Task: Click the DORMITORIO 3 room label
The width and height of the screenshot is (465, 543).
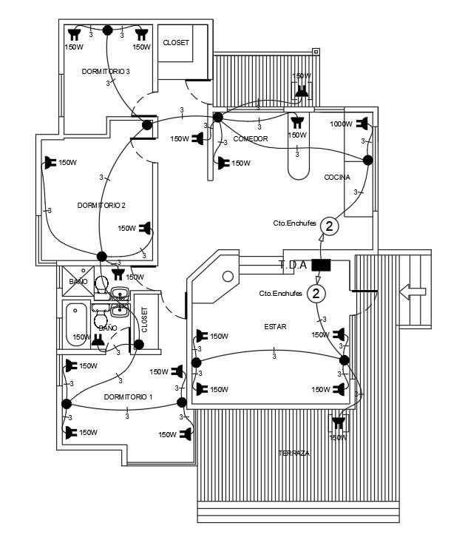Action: tap(106, 71)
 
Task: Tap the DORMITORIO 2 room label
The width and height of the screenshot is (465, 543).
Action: tap(101, 205)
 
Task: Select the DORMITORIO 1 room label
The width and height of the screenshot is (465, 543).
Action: tap(128, 397)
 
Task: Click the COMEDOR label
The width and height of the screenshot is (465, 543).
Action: tap(250, 139)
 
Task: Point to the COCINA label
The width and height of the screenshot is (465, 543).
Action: tap(337, 178)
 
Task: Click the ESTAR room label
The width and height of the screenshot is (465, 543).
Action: tap(274, 326)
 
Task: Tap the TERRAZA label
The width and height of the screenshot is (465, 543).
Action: tap(293, 453)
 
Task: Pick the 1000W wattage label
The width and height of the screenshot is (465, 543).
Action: tap(341, 124)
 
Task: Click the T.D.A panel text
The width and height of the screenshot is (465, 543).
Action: tap(293, 264)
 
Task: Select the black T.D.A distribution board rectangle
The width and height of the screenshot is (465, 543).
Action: tap(320, 264)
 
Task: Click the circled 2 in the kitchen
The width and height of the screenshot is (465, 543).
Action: tap(330, 226)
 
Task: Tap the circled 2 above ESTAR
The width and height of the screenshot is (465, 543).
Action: tap(316, 294)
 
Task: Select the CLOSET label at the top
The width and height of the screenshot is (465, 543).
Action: tap(176, 43)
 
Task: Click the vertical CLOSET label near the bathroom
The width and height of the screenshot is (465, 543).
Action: tap(145, 321)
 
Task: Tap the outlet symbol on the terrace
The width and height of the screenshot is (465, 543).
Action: tap(339, 423)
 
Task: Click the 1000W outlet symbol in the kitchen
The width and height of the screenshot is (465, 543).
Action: tap(362, 124)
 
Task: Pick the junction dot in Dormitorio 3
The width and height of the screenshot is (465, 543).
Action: tap(108, 30)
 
